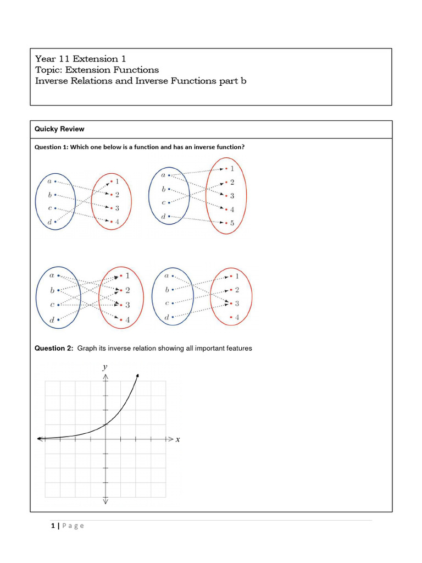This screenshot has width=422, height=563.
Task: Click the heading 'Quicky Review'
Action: pyautogui.click(x=59, y=129)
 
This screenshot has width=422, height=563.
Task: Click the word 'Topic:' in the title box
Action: pyautogui.click(x=48, y=70)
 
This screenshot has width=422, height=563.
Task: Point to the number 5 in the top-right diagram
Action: pyautogui.click(x=232, y=223)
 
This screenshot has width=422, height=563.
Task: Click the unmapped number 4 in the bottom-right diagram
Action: pyautogui.click(x=237, y=317)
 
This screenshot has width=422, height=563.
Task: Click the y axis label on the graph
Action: pyautogui.click(x=105, y=367)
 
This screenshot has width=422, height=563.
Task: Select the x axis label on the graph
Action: pyautogui.click(x=178, y=439)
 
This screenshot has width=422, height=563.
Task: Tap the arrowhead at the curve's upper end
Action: pyautogui.click(x=137, y=375)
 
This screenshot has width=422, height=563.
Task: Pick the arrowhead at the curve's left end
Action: pyautogui.click(x=39, y=438)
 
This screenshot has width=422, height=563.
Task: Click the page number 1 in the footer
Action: pyautogui.click(x=53, y=526)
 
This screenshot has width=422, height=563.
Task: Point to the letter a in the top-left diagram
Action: pyautogui.click(x=50, y=181)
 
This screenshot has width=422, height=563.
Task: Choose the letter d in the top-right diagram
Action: pyautogui.click(x=163, y=217)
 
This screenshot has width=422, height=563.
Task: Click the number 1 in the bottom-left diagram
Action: pyautogui.click(x=127, y=276)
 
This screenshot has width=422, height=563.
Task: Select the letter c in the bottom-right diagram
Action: pyautogui.click(x=166, y=303)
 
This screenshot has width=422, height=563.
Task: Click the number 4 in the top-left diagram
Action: pyautogui.click(x=117, y=222)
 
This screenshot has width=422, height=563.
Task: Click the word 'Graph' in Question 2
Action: pyautogui.click(x=87, y=348)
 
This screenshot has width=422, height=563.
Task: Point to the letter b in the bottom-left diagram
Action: pyautogui.click(x=52, y=290)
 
